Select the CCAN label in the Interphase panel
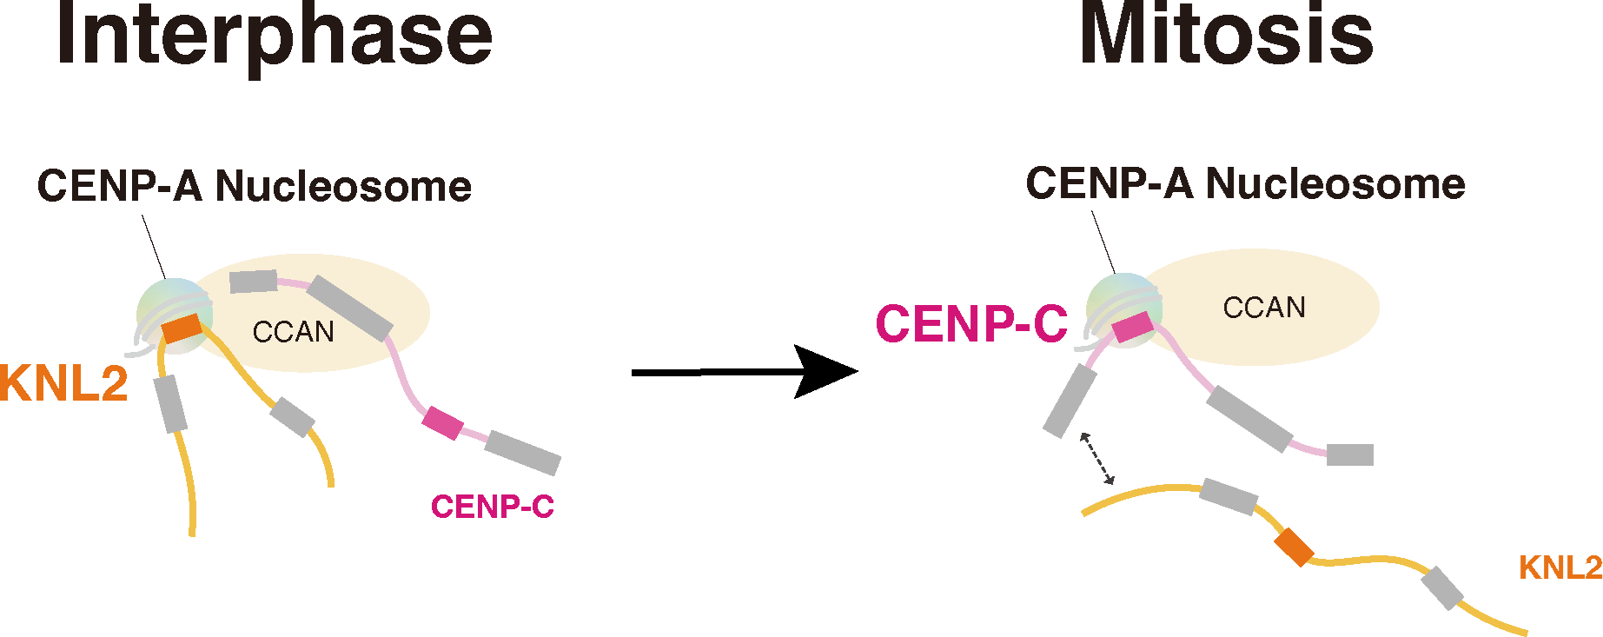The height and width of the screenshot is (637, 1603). (293, 332)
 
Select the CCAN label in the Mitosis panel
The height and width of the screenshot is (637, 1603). (1263, 308)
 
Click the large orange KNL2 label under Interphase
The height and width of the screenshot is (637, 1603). (63, 383)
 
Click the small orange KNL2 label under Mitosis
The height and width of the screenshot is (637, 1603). (1560, 567)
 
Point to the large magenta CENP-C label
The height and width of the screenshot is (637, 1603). (970, 324)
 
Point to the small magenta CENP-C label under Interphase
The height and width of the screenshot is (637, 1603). (492, 507)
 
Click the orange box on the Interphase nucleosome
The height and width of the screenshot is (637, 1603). (182, 328)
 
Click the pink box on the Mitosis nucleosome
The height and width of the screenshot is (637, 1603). (1133, 328)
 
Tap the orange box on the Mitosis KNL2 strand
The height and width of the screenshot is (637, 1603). (1294, 547)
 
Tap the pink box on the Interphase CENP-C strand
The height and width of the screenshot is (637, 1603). (442, 422)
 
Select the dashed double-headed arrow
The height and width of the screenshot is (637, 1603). (1096, 458)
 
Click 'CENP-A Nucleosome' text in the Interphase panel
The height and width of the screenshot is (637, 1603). (254, 186)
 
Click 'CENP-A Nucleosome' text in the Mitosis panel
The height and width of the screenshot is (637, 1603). (1244, 184)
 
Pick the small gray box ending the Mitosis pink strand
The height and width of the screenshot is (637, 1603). (1349, 455)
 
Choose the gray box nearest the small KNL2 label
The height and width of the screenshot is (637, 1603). (1442, 587)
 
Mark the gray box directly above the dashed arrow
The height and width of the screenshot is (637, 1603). (1070, 401)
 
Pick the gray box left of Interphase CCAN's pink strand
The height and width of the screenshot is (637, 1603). (253, 282)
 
